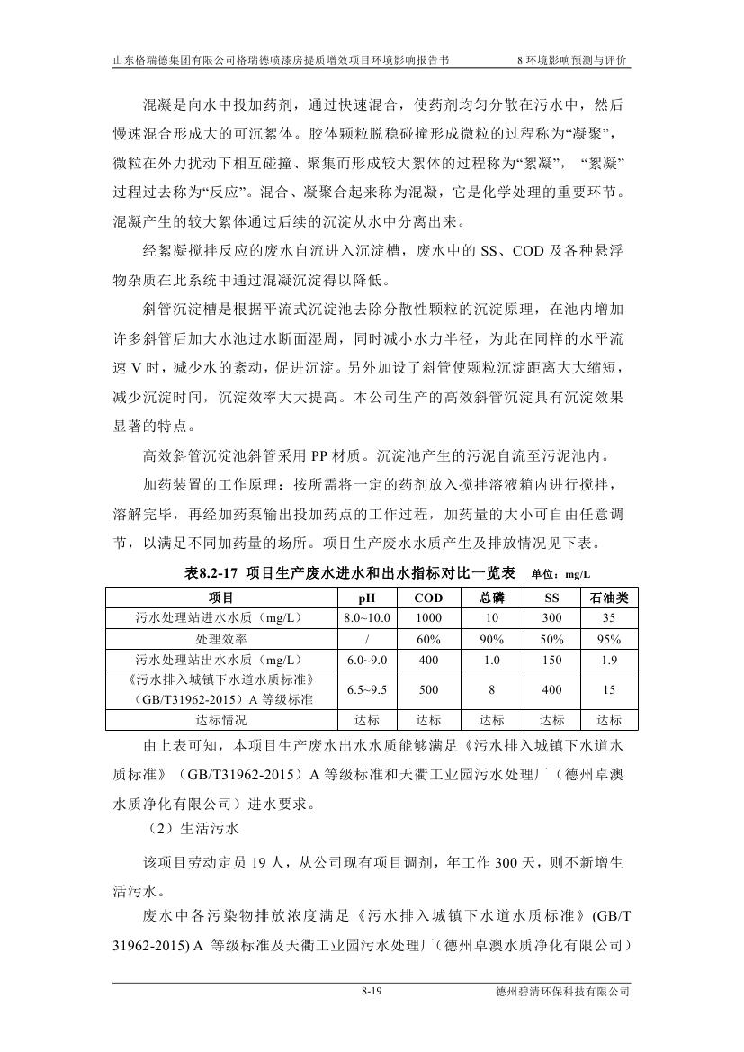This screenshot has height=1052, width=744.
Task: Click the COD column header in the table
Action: click(x=428, y=598)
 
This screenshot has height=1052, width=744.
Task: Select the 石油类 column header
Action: click(x=608, y=598)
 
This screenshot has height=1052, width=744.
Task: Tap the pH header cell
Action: click(x=366, y=598)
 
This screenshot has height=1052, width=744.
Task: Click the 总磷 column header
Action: click(x=492, y=598)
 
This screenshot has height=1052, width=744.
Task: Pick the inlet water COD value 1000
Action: click(x=428, y=618)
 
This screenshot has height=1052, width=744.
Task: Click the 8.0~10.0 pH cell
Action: click(x=366, y=618)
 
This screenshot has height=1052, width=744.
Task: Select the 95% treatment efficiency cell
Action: click(x=608, y=639)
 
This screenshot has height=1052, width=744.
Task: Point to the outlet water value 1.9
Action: click(x=608, y=660)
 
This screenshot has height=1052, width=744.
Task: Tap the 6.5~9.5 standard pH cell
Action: click(x=366, y=689)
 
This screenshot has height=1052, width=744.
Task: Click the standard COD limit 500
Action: click(x=428, y=689)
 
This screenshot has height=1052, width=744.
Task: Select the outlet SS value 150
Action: click(x=551, y=660)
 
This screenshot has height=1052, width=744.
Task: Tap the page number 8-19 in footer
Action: click(x=372, y=992)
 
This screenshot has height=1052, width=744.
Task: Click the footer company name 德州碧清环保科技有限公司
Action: click(x=563, y=992)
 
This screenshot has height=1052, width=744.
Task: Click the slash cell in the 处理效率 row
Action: click(x=366, y=639)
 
